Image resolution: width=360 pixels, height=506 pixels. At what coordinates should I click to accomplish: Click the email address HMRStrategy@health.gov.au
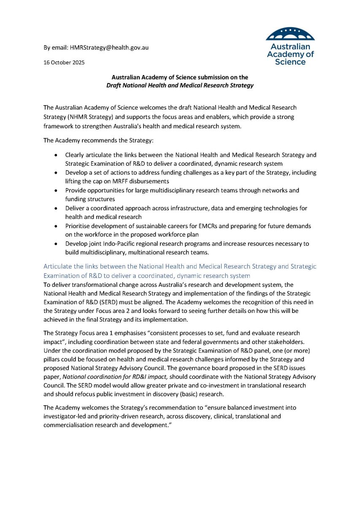click(x=109, y=48)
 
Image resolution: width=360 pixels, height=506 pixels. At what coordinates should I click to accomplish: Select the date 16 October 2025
click(x=64, y=62)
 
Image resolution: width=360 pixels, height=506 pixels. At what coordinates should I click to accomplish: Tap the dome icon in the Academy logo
click(x=290, y=34)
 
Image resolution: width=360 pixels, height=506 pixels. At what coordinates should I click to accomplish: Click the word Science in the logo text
click(x=290, y=62)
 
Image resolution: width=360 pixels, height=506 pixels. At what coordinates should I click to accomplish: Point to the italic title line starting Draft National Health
click(x=180, y=86)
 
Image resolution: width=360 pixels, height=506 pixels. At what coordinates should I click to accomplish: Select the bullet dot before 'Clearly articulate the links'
click(x=57, y=155)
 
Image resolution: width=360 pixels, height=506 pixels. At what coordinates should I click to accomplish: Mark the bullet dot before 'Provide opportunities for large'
click(x=57, y=191)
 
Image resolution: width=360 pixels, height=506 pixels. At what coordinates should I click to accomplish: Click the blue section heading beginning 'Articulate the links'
click(x=180, y=271)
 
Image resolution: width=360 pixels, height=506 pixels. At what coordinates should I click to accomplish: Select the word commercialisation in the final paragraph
click(x=70, y=425)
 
